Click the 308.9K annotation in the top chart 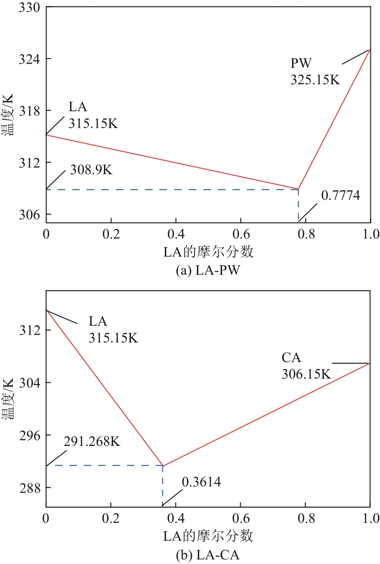[x=91, y=169]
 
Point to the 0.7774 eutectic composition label [x=340, y=195]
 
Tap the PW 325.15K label [x=315, y=71]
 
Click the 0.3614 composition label [x=201, y=482]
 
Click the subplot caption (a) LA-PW [x=208, y=271]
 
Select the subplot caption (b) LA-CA [x=208, y=556]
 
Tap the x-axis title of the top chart [x=208, y=251]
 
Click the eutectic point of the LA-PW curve [x=299, y=189]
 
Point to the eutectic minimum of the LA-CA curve [x=163, y=466]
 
